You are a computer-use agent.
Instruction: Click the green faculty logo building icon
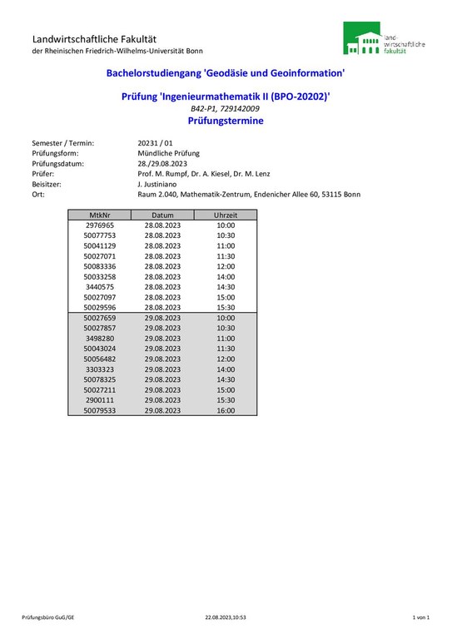362,39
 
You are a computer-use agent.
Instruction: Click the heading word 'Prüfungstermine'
226,121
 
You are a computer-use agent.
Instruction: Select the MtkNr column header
100,215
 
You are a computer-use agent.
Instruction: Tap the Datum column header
162,215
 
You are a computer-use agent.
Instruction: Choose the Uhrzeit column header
226,215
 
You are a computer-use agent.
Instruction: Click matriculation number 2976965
100,225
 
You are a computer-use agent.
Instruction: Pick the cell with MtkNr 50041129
100,246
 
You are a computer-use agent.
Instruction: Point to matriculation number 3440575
100,287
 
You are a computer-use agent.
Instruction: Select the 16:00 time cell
226,410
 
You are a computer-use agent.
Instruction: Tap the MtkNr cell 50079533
100,410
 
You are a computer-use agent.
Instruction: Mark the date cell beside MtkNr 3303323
162,369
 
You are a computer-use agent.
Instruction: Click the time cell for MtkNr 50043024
226,349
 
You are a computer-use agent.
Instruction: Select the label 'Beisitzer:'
48,184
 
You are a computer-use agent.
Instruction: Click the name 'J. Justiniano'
159,184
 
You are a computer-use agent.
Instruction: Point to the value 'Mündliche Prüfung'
168,153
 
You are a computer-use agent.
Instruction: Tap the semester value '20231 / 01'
155,143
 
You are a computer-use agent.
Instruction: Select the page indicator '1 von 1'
420,617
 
